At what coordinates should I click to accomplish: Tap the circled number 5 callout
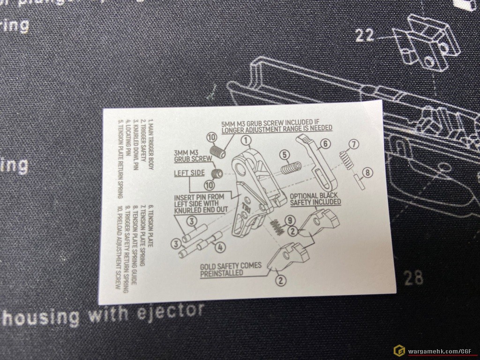[x=284, y=154]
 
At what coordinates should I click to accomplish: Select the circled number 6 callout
[x=325, y=144]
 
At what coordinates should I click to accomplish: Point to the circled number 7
[x=354, y=144]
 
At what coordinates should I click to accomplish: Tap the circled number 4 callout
[x=220, y=247]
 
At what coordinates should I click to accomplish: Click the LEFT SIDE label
[x=189, y=173]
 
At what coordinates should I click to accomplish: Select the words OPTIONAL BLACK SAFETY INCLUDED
[x=315, y=199]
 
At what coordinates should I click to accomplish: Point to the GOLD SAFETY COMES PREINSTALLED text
[x=231, y=269]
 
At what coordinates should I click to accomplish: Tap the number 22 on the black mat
[x=365, y=35]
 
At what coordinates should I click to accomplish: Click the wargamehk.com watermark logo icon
[x=399, y=351]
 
